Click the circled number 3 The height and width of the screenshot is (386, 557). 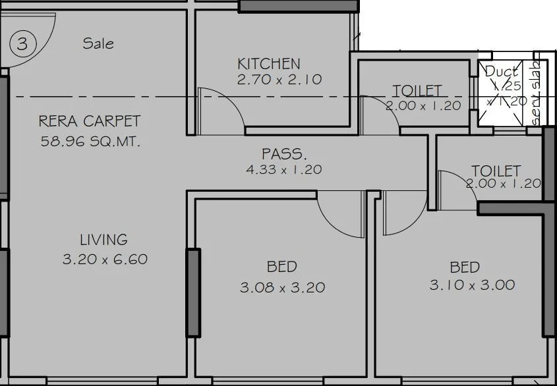click(22, 45)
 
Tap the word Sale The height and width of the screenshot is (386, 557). click(98, 43)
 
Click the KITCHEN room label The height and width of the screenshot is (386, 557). click(268, 64)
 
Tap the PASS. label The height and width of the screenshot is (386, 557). click(284, 154)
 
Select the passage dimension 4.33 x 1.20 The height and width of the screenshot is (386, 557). click(283, 169)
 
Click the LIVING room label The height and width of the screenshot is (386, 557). click(103, 240)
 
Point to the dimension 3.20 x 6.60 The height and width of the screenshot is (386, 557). click(105, 259)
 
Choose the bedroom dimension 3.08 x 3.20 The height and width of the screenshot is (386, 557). click(283, 287)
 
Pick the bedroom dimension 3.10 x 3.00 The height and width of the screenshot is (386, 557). click(472, 285)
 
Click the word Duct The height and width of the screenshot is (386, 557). click(501, 71)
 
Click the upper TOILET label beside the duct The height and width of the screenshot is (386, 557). click(417, 90)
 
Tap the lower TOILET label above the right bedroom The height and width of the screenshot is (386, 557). click(496, 171)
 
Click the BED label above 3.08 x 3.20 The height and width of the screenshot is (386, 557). click(281, 267)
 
